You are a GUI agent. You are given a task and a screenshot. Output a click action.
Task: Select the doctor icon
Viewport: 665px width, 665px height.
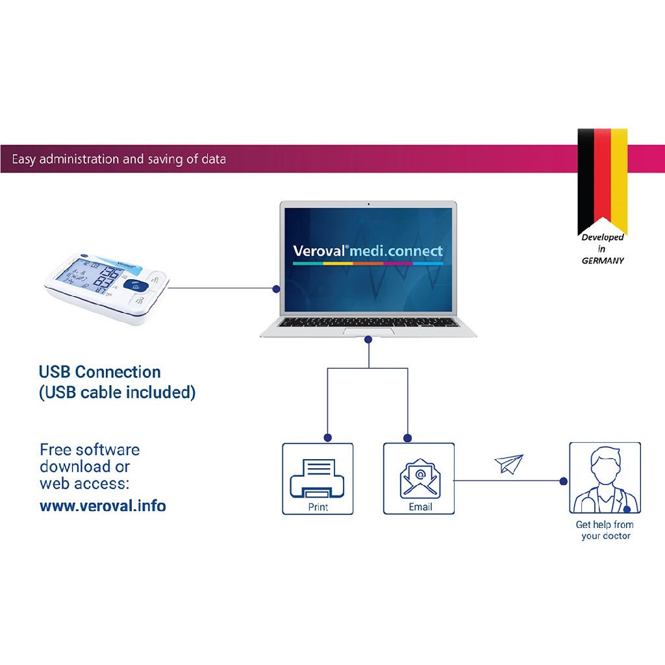point(605,479)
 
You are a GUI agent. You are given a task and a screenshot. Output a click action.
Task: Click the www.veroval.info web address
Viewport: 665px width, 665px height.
point(103,505)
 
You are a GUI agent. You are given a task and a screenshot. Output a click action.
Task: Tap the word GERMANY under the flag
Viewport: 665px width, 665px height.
point(603,260)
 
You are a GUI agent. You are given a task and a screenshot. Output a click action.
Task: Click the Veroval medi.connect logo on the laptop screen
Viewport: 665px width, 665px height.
point(368,251)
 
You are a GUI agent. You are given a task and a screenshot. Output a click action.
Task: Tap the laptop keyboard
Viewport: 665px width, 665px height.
point(368,322)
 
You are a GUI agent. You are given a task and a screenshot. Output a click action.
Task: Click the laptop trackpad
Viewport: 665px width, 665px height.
point(368,331)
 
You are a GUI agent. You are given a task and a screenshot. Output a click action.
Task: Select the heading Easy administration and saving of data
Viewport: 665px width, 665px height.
point(119,159)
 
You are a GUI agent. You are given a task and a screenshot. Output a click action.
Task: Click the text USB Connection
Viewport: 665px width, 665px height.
point(99,372)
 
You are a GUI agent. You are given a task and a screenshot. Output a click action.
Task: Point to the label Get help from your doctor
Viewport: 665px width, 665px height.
point(605,530)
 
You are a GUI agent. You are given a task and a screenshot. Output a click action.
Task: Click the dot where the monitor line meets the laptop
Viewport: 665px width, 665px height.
point(276,288)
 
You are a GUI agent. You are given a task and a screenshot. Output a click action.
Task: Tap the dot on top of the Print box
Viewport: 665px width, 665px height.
point(328,437)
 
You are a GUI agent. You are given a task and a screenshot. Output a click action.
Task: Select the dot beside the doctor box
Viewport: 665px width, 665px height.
point(563,481)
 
